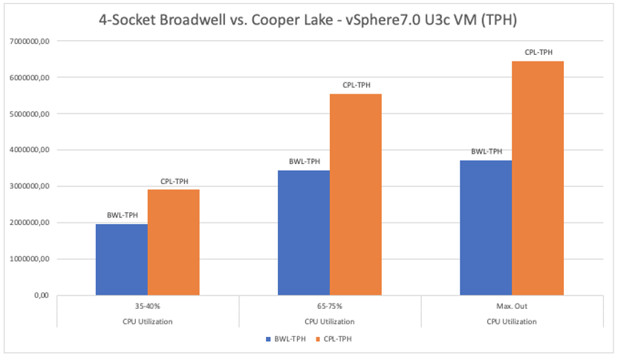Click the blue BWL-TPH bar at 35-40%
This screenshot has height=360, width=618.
click(122, 260)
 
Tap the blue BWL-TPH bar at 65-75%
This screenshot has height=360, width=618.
click(304, 233)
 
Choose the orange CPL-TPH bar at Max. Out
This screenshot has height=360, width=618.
click(538, 178)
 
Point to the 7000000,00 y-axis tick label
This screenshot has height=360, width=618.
click(27, 42)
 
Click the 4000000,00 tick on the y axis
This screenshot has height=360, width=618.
click(27, 150)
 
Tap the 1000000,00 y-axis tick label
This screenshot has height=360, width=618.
click(27, 259)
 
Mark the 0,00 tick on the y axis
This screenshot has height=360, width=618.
click(39, 295)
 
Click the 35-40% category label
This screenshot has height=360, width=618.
click(147, 306)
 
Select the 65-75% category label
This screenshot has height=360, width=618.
click(330, 306)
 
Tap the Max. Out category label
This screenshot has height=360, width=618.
click(512, 306)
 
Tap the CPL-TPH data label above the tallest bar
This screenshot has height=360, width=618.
click(539, 52)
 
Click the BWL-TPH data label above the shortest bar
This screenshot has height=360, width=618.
click(122, 216)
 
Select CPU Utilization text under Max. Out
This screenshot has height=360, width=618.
click(512, 321)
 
